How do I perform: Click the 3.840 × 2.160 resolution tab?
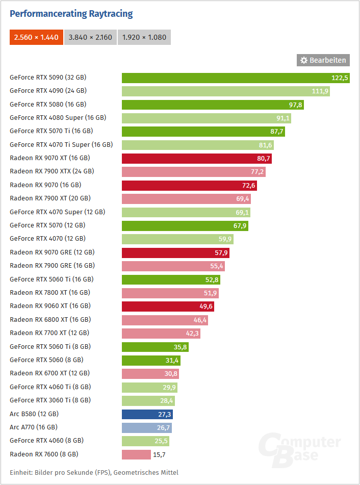tap(91, 37)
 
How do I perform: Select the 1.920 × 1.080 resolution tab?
tap(144, 37)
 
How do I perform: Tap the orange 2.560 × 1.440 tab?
tap(36, 37)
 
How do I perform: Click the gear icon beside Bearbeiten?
tap(304, 60)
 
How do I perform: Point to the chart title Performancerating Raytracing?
tap(71, 14)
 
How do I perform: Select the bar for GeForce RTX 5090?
tap(235, 78)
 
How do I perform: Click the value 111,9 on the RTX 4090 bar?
tap(320, 91)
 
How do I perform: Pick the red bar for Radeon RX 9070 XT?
tap(196, 159)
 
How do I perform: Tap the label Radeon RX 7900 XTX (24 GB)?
tap(52, 171)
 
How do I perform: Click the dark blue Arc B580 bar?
tap(147, 414)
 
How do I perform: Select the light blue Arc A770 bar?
tap(146, 427)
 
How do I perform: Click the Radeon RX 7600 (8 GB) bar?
tap(136, 454)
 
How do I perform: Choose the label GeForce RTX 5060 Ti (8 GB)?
tap(50, 347)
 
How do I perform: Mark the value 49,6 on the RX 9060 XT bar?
tap(205, 306)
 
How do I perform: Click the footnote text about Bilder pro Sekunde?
tap(94, 473)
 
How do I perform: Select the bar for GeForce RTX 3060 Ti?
tap(148, 400)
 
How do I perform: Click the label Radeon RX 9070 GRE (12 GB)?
tap(52, 252)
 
